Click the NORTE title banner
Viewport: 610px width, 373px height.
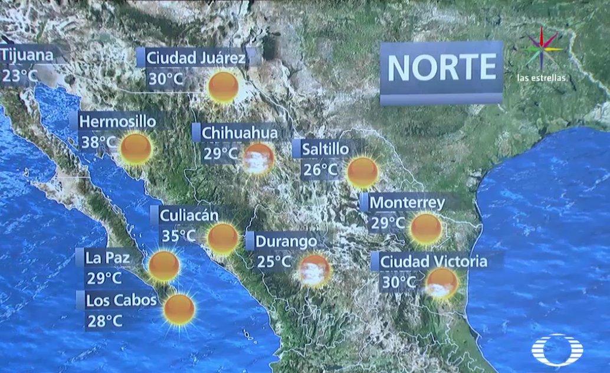click(441, 68)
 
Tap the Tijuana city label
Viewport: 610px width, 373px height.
click(27, 56)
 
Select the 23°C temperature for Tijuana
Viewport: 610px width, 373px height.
click(19, 76)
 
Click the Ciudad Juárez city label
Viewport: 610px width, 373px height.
click(195, 58)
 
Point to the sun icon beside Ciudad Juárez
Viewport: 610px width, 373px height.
click(224, 87)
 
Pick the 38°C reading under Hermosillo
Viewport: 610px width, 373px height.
click(98, 142)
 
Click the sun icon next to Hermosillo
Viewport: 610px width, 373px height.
click(136, 149)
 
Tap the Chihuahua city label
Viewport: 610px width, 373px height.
click(239, 133)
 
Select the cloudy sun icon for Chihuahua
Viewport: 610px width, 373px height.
click(258, 158)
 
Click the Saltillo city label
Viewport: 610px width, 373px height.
click(325, 149)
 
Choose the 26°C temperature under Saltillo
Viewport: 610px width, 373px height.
click(320, 170)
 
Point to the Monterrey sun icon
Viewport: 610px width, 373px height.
click(426, 229)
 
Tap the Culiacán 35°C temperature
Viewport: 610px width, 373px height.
click(179, 236)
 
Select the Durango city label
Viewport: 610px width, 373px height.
click(286, 241)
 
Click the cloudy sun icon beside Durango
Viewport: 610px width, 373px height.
click(314, 270)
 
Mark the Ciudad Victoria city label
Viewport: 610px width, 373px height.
click(434, 261)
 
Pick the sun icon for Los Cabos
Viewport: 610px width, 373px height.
click(179, 309)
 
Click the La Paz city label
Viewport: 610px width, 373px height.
click(107, 258)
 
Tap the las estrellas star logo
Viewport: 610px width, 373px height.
click(542, 50)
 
